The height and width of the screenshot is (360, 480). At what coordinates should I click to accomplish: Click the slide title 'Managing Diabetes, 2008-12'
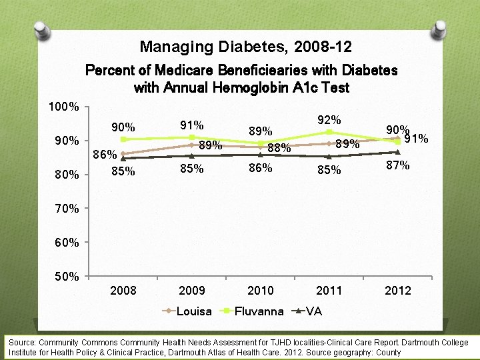click(x=245, y=47)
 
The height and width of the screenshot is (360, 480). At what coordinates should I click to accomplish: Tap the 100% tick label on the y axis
click(x=64, y=107)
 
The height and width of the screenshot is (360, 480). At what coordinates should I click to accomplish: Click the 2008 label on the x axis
click(x=123, y=291)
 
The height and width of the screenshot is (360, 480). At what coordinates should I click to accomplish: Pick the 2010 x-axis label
click(x=261, y=291)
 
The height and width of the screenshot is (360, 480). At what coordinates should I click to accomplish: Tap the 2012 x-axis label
click(x=398, y=291)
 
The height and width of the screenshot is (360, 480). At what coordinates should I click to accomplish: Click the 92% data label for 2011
click(x=329, y=120)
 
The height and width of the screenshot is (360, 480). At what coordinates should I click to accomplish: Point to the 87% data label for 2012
click(x=398, y=165)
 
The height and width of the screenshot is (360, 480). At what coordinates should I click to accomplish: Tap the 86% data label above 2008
click(x=105, y=155)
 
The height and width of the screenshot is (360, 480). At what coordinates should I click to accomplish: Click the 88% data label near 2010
click(x=279, y=148)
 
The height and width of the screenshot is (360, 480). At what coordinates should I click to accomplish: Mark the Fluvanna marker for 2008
click(x=123, y=139)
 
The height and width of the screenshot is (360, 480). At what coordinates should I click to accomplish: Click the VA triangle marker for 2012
click(x=398, y=152)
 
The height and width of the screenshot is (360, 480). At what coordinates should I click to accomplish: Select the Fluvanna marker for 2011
click(x=329, y=133)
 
